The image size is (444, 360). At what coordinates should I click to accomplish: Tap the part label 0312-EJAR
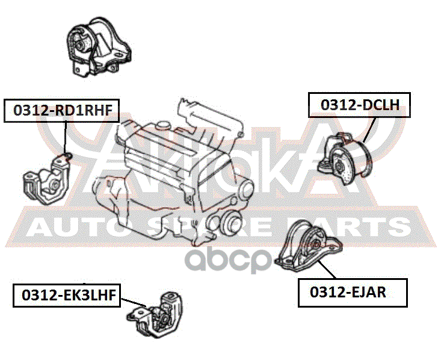(353, 293)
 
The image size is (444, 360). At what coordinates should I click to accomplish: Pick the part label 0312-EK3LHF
(66, 294)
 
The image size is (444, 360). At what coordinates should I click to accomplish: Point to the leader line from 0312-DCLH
(370, 129)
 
